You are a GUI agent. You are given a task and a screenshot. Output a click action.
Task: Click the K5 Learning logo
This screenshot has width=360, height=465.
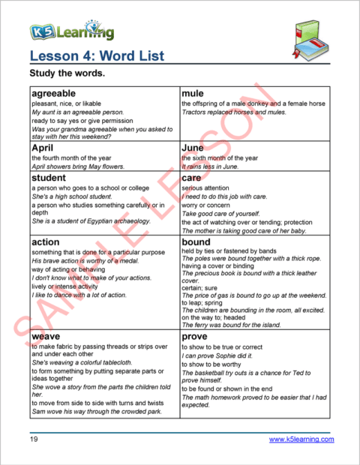72,31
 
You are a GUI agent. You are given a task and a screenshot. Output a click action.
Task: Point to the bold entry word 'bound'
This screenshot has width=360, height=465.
196,242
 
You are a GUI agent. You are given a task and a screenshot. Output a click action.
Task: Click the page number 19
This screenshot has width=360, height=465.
34,439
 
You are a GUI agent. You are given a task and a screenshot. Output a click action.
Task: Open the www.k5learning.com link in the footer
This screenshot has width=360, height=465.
301,439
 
